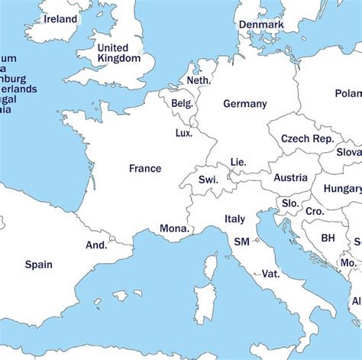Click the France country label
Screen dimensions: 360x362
[x=145, y=168]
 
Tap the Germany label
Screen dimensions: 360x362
[x=245, y=104]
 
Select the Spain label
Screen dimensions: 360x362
[x=38, y=264]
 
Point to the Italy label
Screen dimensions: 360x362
[x=234, y=219]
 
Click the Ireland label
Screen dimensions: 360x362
[x=60, y=18]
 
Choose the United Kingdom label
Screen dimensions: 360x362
[x=119, y=53]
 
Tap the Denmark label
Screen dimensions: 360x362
[x=261, y=24]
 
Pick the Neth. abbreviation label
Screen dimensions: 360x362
[x=199, y=80]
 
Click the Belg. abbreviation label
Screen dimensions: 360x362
[x=183, y=103]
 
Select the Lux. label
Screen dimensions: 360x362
[x=184, y=132]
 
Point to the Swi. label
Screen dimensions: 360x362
[x=208, y=180]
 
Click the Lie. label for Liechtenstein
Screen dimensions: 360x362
[x=238, y=162]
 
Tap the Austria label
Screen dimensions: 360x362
[x=290, y=177]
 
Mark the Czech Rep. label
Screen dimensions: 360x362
[x=306, y=139]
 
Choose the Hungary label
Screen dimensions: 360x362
[x=342, y=189]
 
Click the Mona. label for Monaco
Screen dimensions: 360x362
[x=174, y=228]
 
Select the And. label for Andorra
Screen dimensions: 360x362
[x=96, y=245]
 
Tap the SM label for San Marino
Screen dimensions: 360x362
[x=241, y=242]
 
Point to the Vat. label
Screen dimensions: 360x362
[x=270, y=273]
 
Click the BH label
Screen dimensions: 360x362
[x=328, y=238]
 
